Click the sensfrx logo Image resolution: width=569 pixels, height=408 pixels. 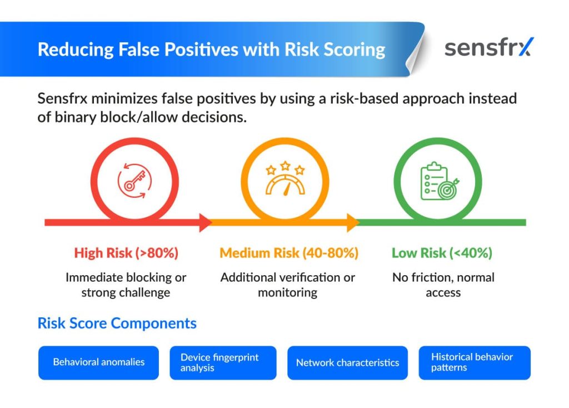(489, 48)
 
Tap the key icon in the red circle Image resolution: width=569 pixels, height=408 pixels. (134, 181)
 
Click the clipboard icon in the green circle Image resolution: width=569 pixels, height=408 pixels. (440, 181)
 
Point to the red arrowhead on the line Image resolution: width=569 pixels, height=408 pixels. (206, 222)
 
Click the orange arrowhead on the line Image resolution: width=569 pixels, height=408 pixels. (353, 222)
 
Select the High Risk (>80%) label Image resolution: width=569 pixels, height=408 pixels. (126, 253)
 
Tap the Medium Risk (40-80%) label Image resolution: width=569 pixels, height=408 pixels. (289, 253)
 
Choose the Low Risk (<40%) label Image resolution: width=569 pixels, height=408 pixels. (442, 253)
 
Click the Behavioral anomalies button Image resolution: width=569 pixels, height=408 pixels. (99, 362)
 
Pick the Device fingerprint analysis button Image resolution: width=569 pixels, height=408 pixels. (223, 362)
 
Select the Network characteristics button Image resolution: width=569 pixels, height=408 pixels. (348, 362)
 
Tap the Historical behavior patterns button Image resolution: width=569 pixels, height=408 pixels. (475, 362)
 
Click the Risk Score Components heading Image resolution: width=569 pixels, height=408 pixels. (117, 323)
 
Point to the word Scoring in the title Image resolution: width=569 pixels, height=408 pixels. (354, 49)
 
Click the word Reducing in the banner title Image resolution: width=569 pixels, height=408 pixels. (76, 49)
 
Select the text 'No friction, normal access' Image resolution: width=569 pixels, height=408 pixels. (443, 285)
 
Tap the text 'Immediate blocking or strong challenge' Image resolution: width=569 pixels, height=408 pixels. (126, 285)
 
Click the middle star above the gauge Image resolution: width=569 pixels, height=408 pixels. (285, 166)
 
